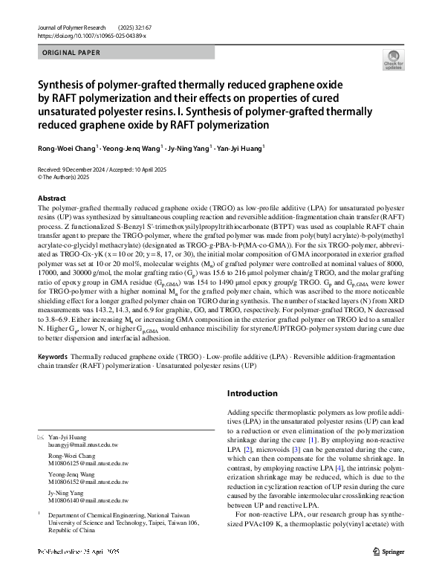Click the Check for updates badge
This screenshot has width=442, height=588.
(393, 61)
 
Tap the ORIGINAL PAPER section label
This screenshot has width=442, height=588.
(72, 54)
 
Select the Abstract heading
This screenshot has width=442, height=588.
(52, 198)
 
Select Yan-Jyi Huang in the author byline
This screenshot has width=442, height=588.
(239, 149)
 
